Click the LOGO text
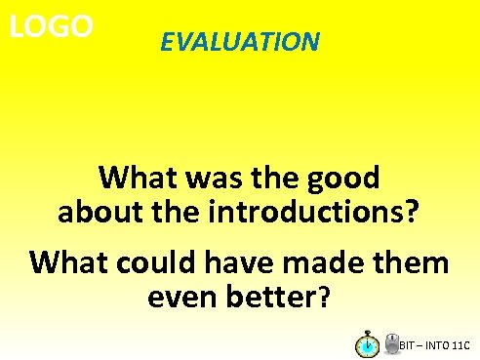pyautogui.click(x=51, y=25)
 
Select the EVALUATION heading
pyautogui.click(x=240, y=42)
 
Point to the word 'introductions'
pyautogui.click(x=313, y=211)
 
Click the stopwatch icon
pyautogui.click(x=368, y=344)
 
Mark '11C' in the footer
pyautogui.click(x=462, y=346)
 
